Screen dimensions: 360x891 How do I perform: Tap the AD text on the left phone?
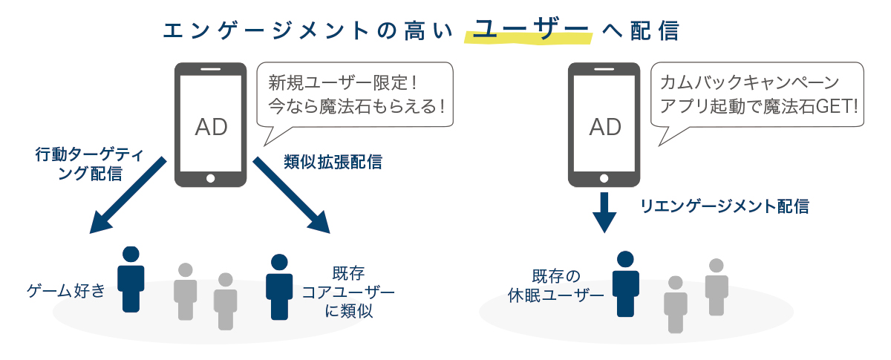(211, 126)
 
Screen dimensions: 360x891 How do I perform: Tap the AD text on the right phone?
(604, 126)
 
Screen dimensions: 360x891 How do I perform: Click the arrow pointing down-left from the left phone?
(126, 195)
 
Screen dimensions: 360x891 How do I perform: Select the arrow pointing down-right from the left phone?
(293, 195)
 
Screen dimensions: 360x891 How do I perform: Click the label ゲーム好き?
(65, 289)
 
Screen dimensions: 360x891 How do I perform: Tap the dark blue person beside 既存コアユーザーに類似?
(278, 287)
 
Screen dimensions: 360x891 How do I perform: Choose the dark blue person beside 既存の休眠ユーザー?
(625, 284)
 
